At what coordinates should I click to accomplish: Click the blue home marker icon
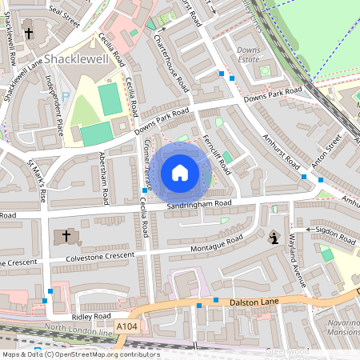(x=180, y=173)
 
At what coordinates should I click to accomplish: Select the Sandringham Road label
(x=199, y=206)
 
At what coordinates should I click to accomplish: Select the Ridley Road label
(x=84, y=306)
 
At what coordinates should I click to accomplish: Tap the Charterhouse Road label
(x=171, y=62)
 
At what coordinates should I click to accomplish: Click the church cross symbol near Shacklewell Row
(x=30, y=34)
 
